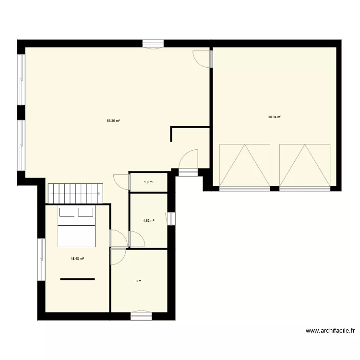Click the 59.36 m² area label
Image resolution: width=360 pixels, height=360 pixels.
tap(113, 121)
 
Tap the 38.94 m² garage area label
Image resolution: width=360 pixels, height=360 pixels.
tap(275, 117)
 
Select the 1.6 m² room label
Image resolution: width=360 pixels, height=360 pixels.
tap(149, 182)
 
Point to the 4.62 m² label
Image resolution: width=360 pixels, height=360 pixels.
tap(149, 221)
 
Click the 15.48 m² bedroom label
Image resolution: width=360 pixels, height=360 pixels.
tap(77, 259)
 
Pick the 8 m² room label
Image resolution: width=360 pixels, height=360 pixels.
tap(139, 281)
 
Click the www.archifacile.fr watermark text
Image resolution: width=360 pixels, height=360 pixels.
tap(330, 331)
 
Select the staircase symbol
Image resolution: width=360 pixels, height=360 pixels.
tap(75, 192)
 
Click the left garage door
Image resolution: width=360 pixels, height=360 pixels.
tap(244, 165)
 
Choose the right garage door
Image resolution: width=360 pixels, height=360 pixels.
tap(305, 165)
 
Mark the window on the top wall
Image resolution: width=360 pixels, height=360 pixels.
tap(153, 44)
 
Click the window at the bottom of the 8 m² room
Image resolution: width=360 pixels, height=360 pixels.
tap(141, 315)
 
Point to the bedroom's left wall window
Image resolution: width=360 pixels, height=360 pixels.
tap(41, 259)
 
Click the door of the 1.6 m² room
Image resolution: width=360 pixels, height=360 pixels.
tap(123, 181)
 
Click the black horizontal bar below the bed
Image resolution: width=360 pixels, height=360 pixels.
tap(77, 279)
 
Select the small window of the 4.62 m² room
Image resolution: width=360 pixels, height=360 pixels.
tap(171, 218)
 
